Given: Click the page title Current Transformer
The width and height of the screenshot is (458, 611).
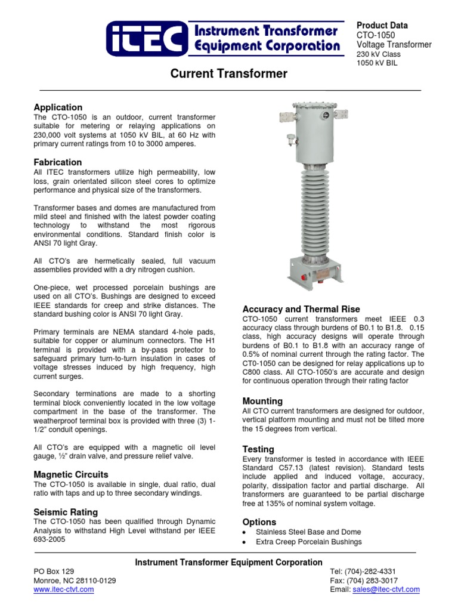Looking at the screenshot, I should [x=229, y=74].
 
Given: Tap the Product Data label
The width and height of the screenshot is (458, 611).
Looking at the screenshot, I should [x=382, y=26].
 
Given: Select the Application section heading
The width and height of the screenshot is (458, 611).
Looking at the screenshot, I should [x=58, y=107].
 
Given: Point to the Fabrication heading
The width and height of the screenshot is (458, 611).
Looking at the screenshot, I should [x=58, y=162].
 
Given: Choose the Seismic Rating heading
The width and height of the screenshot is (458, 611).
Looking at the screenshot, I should [x=66, y=512].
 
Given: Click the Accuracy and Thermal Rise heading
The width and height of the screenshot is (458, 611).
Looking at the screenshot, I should [x=301, y=309].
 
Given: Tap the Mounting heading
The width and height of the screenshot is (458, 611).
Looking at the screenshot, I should [x=262, y=401].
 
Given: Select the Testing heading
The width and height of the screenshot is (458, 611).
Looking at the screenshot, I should [x=258, y=449].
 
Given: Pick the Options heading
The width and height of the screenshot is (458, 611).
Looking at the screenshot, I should [x=259, y=522].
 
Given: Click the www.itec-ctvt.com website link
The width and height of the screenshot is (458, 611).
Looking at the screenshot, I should [x=64, y=590].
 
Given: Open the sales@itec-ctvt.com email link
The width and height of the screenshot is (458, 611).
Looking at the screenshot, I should [x=386, y=590].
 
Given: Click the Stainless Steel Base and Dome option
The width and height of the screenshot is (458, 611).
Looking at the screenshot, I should [x=308, y=532].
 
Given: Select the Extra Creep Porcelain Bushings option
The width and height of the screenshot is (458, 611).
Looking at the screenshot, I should [x=308, y=542].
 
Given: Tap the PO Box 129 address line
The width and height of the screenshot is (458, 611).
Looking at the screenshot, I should [x=54, y=572].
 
